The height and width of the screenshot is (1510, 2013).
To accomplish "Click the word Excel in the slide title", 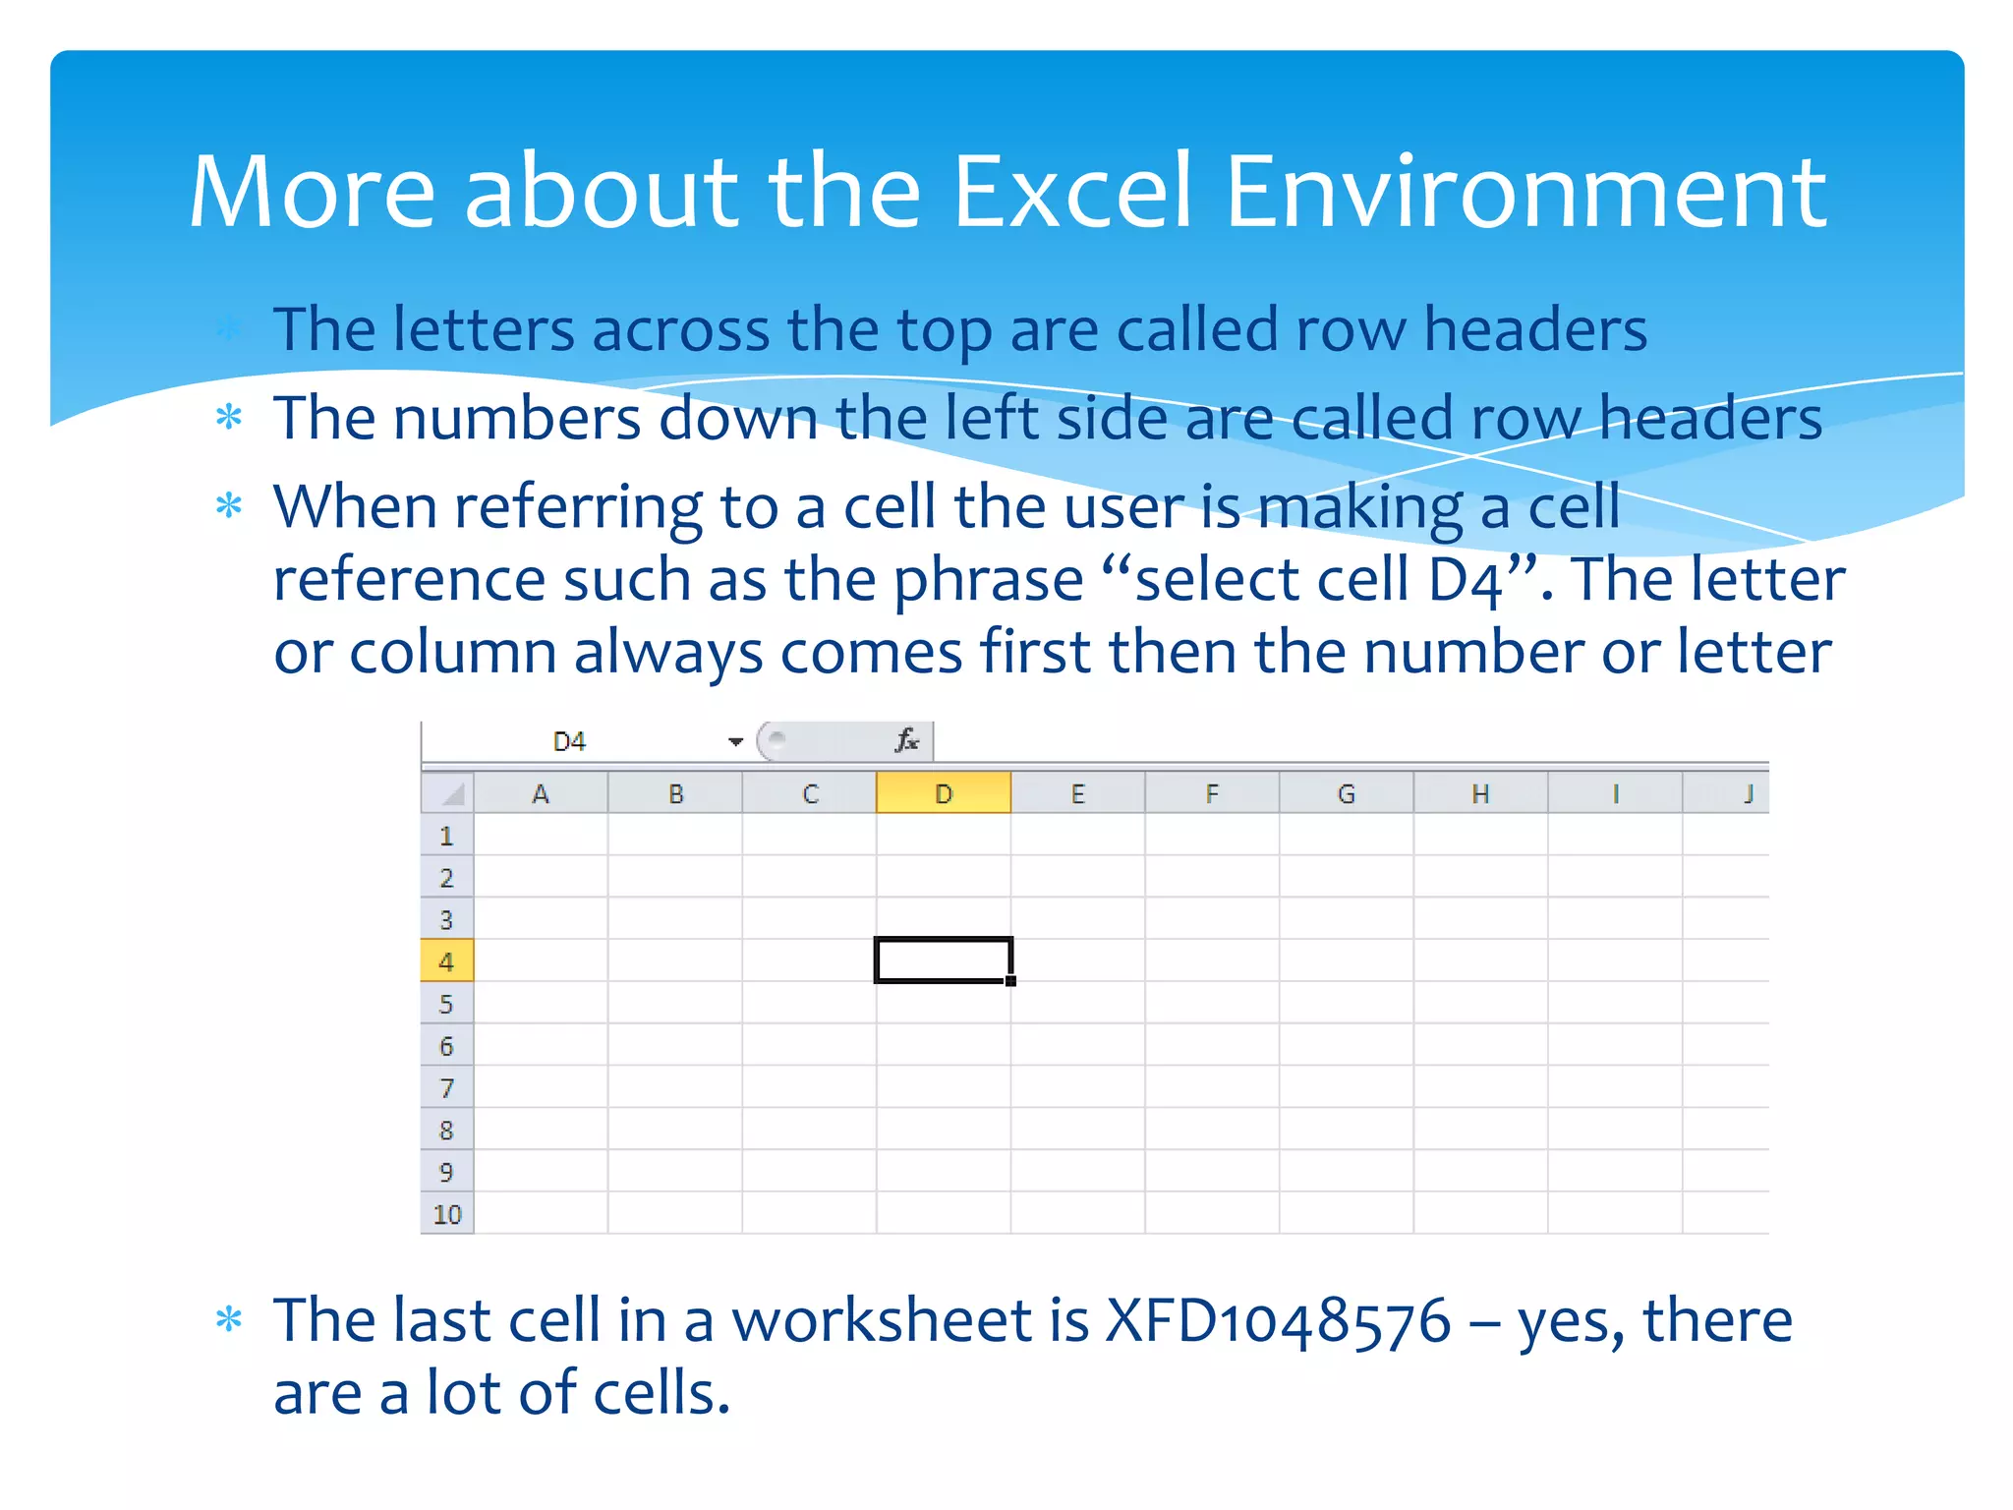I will click(1072, 192).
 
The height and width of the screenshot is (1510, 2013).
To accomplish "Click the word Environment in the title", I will click(1525, 192).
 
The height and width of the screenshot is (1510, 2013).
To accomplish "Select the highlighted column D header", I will click(943, 793).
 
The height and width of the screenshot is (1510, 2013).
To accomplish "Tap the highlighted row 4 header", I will click(446, 961).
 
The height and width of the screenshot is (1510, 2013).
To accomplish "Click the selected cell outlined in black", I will click(943, 960).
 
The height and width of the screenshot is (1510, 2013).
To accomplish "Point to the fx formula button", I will click(906, 740).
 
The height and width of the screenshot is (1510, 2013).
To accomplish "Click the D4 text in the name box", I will click(569, 742).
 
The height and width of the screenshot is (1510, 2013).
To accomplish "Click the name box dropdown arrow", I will click(735, 742).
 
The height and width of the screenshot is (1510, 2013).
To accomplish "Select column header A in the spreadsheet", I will click(540, 794).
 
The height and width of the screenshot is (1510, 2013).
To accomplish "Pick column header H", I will click(1480, 794).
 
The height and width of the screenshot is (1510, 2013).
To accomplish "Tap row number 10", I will click(446, 1215).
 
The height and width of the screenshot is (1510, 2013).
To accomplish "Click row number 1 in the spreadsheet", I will click(446, 837).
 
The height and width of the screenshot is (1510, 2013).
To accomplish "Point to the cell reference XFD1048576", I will click(1278, 1320).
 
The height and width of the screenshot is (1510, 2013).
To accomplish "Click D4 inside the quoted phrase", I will click(1465, 580).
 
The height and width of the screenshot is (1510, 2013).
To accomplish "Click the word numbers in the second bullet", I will click(517, 419).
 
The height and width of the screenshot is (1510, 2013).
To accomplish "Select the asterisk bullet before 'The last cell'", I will click(229, 1319).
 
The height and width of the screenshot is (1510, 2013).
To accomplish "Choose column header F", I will click(1211, 794).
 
